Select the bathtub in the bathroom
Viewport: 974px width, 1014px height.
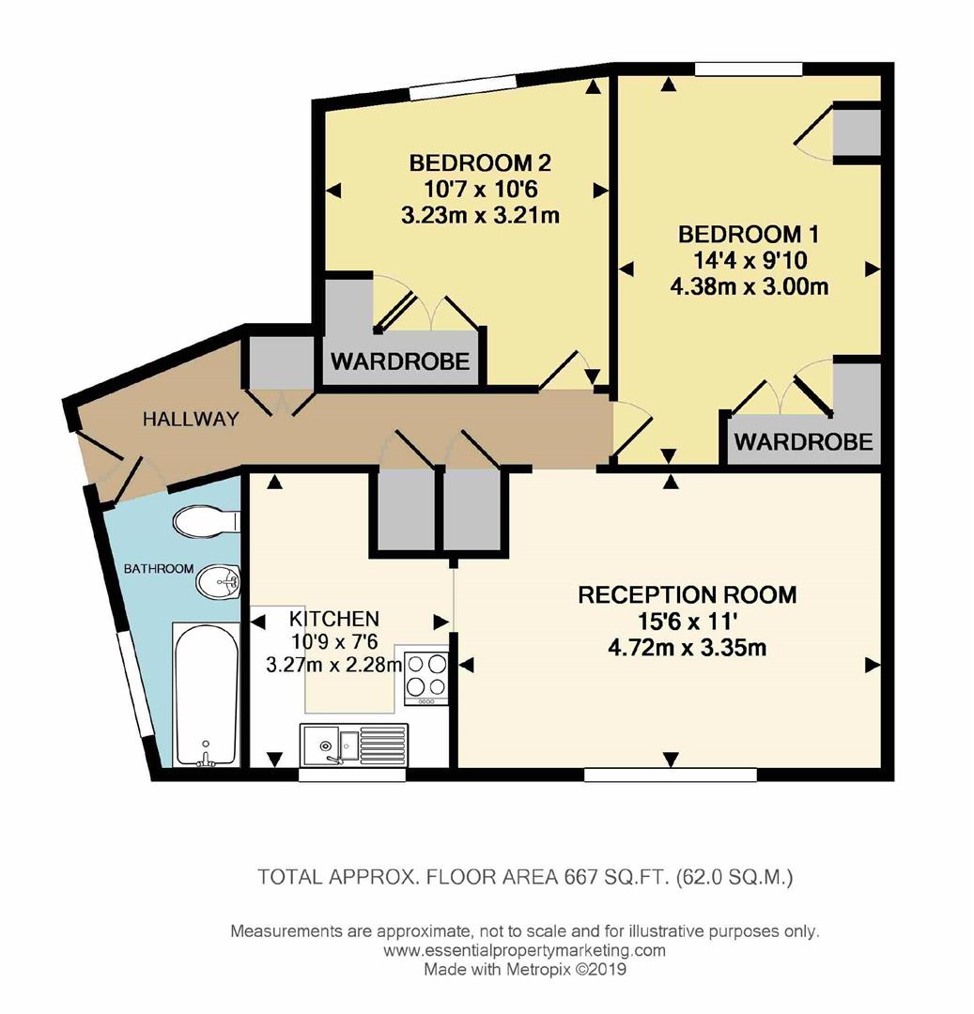point(205,695)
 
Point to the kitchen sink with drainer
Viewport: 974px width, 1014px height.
point(354,747)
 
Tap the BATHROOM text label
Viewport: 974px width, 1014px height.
point(159,568)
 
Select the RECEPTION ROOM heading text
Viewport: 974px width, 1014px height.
point(687,594)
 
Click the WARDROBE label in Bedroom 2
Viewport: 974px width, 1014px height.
point(399,361)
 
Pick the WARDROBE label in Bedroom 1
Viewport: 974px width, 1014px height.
point(803,440)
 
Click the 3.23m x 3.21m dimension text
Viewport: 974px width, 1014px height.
point(480,215)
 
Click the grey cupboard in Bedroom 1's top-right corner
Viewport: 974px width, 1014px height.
point(856,131)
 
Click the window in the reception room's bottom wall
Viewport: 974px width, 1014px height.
point(670,775)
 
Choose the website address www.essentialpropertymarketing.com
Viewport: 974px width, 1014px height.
point(525,950)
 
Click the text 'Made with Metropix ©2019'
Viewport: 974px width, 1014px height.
point(525,968)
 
